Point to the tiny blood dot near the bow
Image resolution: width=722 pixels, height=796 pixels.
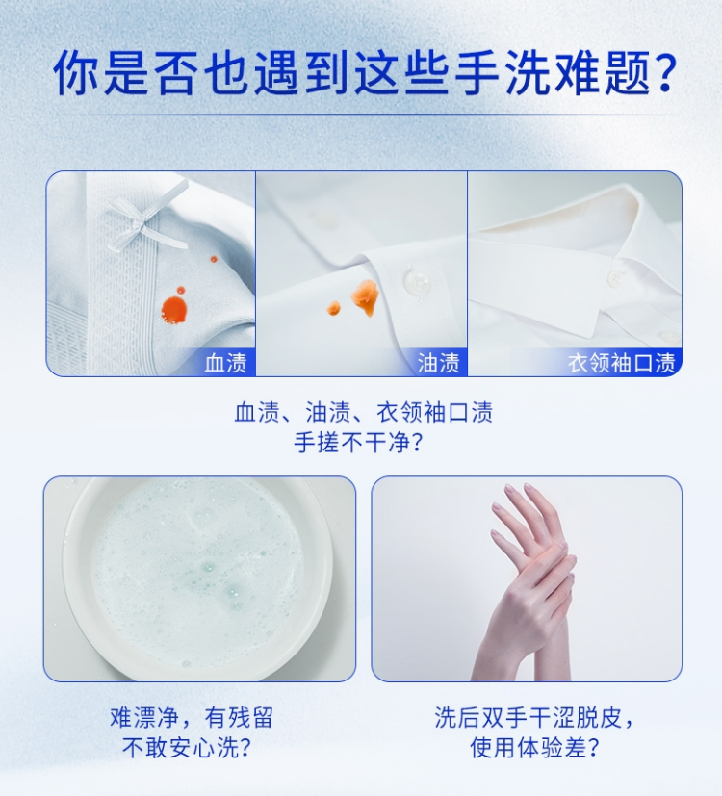pos(214,259)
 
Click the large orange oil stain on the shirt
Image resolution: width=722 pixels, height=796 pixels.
pos(365,297)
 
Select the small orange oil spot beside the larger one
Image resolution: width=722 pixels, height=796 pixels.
pos(334,308)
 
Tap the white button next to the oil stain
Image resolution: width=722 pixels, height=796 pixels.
pos(418,280)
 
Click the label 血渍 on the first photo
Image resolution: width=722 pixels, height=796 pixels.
pos(226,363)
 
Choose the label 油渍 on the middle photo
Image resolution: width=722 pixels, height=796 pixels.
pos(439,363)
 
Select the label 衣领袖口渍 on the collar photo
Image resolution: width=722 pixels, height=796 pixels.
pos(622,363)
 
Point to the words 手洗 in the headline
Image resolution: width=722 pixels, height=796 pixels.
pos(503,72)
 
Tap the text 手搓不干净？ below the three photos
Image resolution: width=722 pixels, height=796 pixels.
pos(358,442)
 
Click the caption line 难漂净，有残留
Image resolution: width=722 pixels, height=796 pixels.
pos(192,718)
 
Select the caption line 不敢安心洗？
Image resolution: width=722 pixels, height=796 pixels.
pos(187,747)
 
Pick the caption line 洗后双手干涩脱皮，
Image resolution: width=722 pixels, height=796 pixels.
pos(534,718)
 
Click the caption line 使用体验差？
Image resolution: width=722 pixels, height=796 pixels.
pos(534,747)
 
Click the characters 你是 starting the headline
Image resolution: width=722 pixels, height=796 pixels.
pos(101,72)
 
